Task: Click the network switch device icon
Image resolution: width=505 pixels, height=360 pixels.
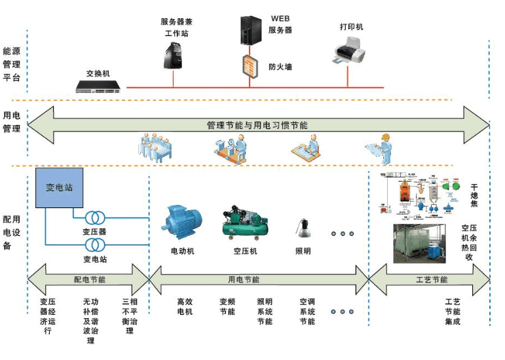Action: [x=98, y=86]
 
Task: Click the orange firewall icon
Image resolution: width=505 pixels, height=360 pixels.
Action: [x=250, y=67]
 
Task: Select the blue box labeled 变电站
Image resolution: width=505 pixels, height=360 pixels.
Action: [x=59, y=188]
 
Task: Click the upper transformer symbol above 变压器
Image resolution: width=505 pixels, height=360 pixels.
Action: [x=95, y=217]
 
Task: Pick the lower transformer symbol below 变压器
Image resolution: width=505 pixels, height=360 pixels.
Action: [x=95, y=245]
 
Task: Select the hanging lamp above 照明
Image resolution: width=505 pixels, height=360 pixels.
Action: [x=303, y=229]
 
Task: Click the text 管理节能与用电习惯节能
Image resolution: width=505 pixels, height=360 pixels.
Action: [x=257, y=124]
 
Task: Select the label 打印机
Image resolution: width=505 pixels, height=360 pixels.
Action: [x=351, y=27]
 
